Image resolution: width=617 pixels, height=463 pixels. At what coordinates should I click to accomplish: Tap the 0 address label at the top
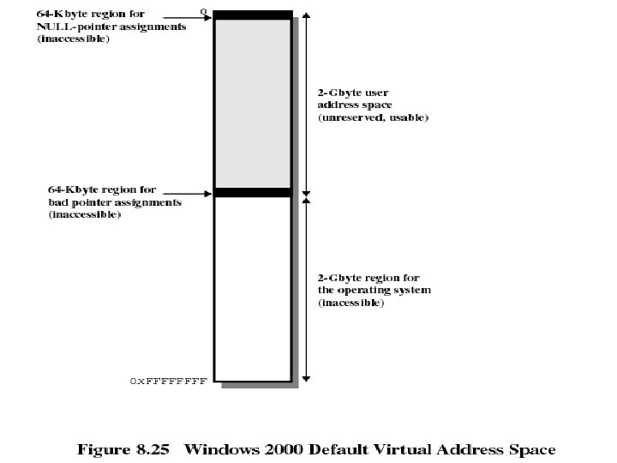203,11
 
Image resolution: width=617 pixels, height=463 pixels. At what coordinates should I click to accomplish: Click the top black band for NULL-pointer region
252,15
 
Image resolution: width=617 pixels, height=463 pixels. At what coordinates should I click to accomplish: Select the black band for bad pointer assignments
252,193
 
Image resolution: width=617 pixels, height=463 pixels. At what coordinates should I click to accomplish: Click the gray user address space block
252,103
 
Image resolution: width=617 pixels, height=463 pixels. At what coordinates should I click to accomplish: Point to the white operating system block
252,287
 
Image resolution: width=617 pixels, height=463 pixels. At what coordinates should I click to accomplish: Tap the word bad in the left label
58,203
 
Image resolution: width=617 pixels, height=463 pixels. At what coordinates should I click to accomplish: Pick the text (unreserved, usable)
373,117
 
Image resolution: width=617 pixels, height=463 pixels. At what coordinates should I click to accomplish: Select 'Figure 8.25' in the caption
127,449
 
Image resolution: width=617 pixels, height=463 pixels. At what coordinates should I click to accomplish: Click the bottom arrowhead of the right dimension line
307,376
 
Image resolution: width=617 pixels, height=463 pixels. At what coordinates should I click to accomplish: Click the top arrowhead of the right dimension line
307,16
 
